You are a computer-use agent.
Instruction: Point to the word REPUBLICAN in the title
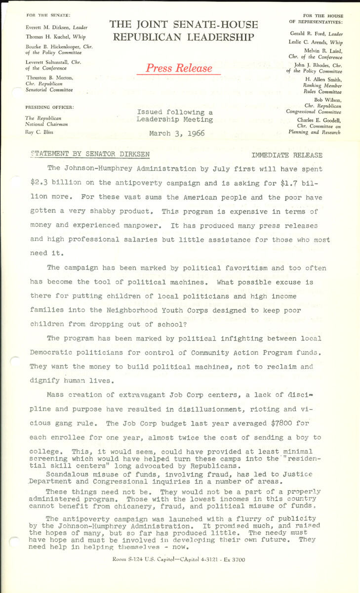[143, 37]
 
